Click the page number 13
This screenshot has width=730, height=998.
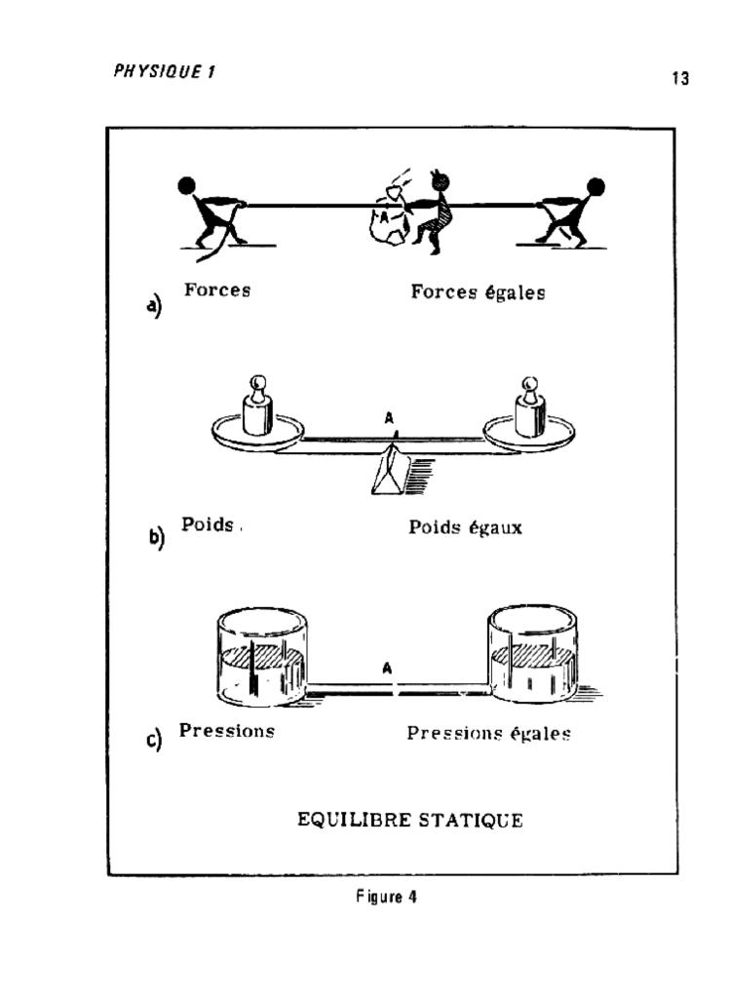click(x=680, y=79)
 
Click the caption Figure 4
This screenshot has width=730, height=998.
click(x=386, y=898)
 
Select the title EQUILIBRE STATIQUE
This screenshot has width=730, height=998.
click(x=409, y=820)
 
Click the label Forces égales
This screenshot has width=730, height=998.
click(x=478, y=291)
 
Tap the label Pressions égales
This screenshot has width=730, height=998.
click(x=488, y=733)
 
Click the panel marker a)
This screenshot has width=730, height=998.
click(x=154, y=307)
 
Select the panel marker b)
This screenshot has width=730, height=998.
click(x=156, y=537)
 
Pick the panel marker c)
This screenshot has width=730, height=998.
click(x=154, y=740)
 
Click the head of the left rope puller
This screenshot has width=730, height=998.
click(x=187, y=185)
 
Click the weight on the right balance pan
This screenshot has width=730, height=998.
click(x=529, y=409)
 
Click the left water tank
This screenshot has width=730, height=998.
click(x=260, y=655)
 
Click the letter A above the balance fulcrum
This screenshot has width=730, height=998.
click(x=390, y=419)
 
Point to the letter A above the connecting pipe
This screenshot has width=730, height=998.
click(x=387, y=669)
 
